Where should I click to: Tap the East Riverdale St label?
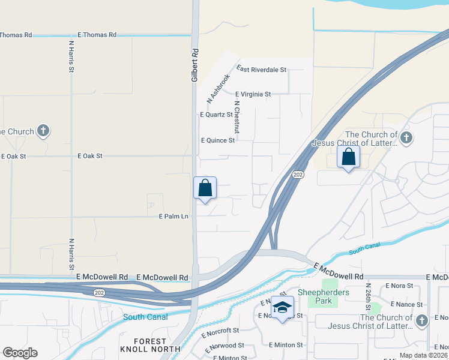(x=262, y=70)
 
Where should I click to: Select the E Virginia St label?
(x=253, y=94)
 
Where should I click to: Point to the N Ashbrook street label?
(x=218, y=88)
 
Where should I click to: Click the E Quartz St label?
(x=217, y=115)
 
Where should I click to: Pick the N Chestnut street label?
(x=237, y=117)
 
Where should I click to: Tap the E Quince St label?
(x=217, y=140)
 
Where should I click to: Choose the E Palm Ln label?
(x=173, y=216)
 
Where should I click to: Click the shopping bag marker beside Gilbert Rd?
(x=205, y=188)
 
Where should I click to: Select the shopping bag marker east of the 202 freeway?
(x=348, y=157)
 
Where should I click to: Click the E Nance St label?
(x=409, y=304)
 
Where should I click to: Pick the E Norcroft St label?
(x=220, y=331)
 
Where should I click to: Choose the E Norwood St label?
(x=224, y=345)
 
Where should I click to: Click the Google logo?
(x=20, y=353)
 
